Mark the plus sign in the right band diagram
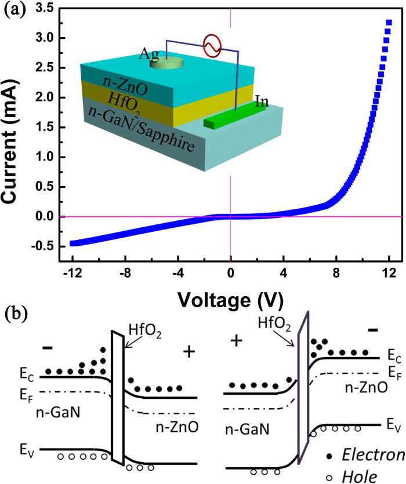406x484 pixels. point(235,340)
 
